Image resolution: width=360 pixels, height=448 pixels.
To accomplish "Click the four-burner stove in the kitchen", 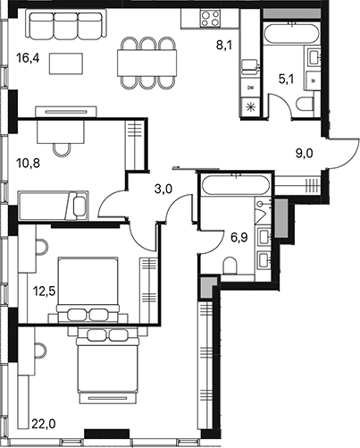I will coord(212,19).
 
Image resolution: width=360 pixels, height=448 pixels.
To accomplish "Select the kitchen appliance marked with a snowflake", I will coord(249,107).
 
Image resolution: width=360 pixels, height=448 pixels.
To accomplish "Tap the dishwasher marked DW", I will coord(249,88).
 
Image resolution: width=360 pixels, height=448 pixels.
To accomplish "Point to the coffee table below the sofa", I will coord(62,63).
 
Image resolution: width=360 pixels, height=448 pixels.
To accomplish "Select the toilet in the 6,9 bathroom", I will coord(230,265).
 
